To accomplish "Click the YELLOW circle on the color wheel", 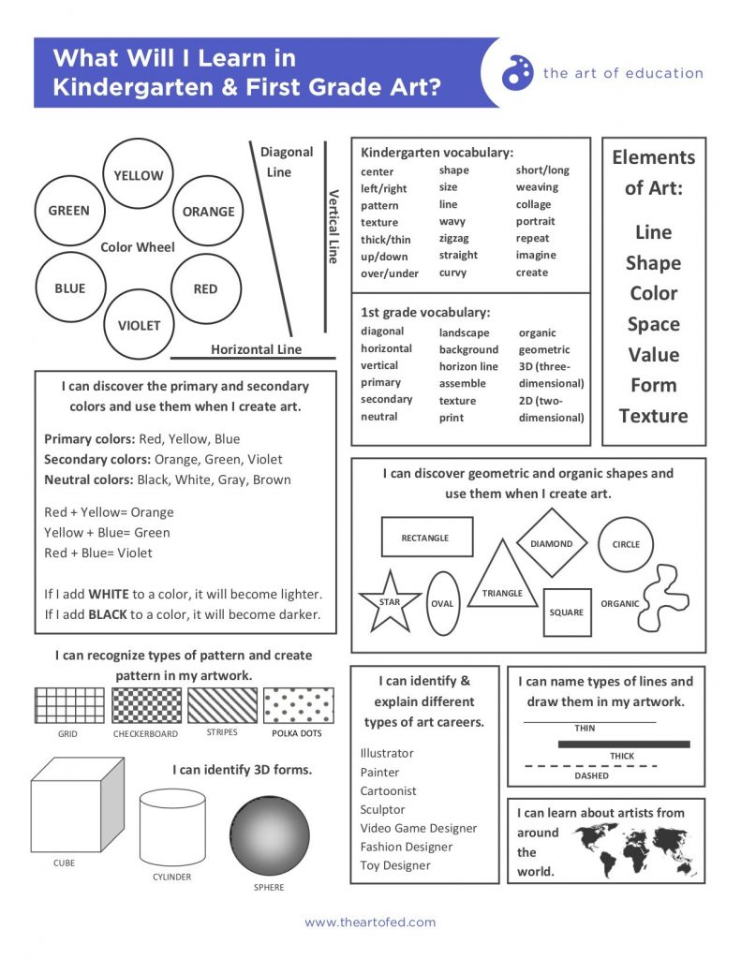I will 139,175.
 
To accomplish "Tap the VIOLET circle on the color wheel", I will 139,326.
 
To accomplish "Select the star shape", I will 390,600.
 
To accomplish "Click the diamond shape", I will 552,544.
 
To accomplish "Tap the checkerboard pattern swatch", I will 146,705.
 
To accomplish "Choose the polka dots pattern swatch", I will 298,705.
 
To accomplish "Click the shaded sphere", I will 270,835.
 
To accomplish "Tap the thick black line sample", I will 624,745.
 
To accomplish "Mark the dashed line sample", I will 590,766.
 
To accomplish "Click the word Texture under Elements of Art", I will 653,416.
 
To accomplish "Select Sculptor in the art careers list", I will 383,809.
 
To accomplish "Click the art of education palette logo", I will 517,73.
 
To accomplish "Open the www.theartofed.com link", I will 370,922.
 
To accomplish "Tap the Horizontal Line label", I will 256,349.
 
